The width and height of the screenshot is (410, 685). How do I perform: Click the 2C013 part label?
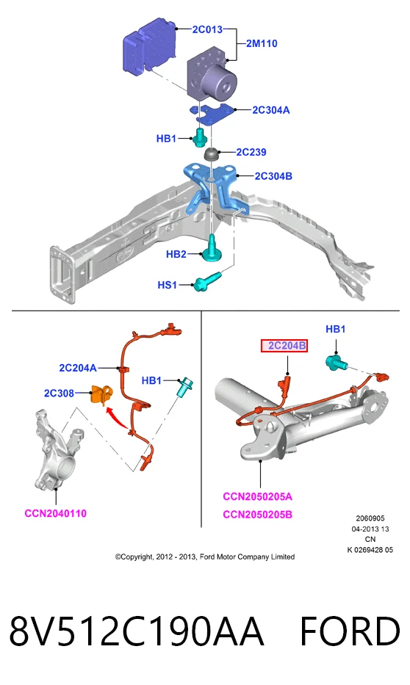click(x=207, y=29)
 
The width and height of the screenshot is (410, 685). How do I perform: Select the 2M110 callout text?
click(x=262, y=43)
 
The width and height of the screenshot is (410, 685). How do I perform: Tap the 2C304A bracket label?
click(x=271, y=109)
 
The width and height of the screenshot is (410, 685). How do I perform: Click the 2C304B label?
click(x=273, y=176)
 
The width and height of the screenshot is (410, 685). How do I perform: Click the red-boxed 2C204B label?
click(x=284, y=346)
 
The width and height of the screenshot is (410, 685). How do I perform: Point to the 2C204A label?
click(x=78, y=368)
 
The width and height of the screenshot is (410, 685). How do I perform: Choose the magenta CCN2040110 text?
click(x=56, y=513)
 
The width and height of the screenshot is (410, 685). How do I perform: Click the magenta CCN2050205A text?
click(x=257, y=496)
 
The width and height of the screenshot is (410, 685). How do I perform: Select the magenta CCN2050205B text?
click(x=257, y=514)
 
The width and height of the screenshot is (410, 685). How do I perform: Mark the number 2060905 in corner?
click(x=370, y=518)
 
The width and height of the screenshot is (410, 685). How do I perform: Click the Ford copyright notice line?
click(x=205, y=557)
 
